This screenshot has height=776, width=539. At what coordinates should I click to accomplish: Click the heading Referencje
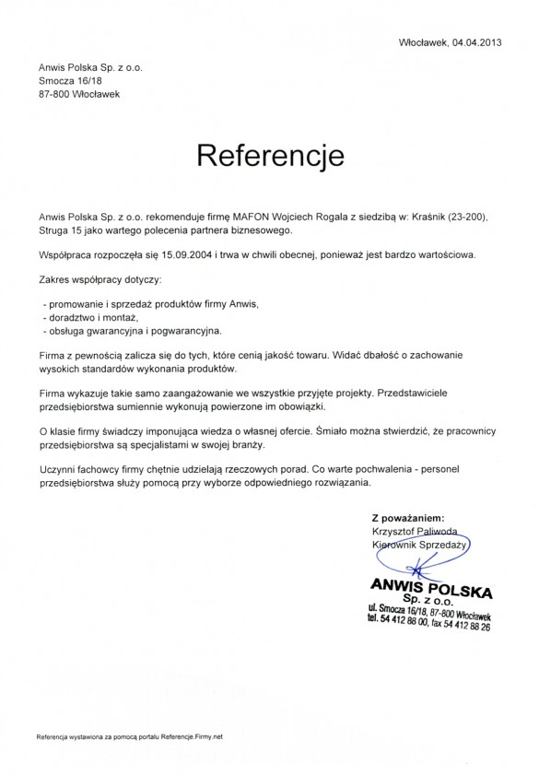pos(270,154)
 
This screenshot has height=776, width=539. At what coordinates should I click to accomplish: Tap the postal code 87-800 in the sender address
pos(54,94)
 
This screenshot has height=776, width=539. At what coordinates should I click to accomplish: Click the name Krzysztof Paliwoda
pos(415,532)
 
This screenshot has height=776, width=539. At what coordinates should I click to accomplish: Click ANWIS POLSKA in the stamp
pos(430,585)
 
